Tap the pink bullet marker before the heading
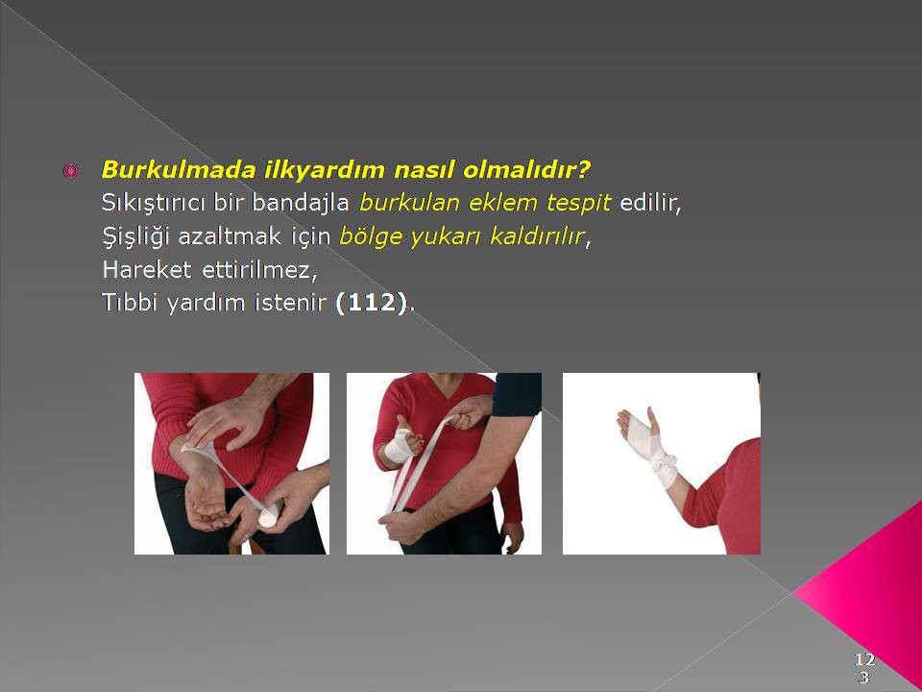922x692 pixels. [70, 171]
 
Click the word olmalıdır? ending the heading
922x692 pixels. [526, 170]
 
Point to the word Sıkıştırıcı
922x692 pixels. [153, 203]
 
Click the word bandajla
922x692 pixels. [301, 203]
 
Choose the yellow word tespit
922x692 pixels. [578, 203]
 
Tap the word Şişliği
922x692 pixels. [135, 236]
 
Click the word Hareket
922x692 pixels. [146, 270]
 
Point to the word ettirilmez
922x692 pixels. [258, 270]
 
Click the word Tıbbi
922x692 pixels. [130, 303]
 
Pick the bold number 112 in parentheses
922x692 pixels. [371, 303]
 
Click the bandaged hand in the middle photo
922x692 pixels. [401, 445]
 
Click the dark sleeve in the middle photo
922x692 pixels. [517, 394]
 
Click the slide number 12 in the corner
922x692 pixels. [864, 658]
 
